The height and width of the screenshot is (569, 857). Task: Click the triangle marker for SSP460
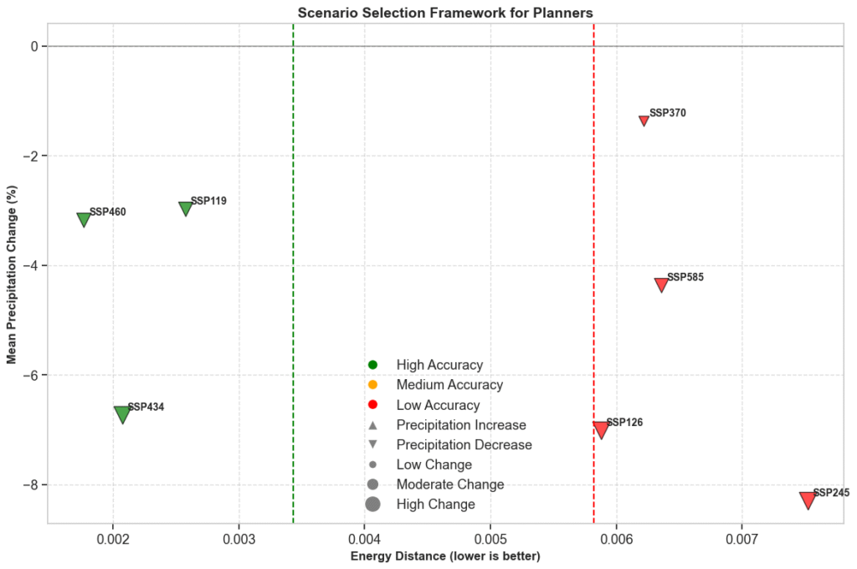tap(84, 219)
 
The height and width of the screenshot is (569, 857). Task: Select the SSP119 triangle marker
tap(186, 208)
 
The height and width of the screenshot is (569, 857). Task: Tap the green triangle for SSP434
tap(122, 413)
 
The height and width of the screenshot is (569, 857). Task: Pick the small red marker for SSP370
tap(644, 120)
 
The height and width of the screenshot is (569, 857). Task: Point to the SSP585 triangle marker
tap(661, 284)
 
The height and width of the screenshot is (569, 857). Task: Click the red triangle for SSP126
tap(600, 430)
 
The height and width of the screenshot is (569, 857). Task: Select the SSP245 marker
tap(808, 500)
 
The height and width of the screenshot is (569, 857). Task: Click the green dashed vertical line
tap(293, 251)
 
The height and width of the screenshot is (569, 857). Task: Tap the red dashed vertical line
tap(594, 251)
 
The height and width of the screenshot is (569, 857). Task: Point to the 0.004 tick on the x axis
tap(365, 536)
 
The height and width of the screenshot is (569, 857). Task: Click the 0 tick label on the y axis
tap(34, 46)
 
